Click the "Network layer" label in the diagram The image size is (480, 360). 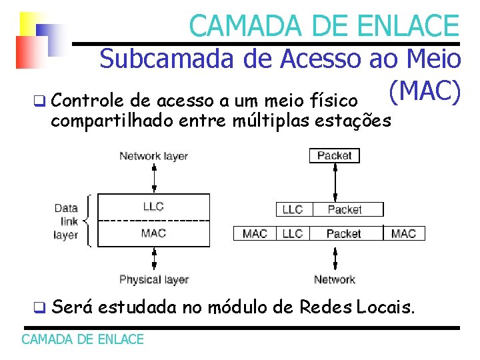coord(153,157)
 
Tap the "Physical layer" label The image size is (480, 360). coord(153,279)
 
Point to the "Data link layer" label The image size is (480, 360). coord(66,221)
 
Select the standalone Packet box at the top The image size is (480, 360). coord(334,155)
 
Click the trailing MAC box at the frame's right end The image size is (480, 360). coord(403,233)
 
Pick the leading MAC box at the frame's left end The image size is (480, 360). coord(255,233)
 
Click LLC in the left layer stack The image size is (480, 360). coord(153,207)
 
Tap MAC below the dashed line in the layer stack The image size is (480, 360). coord(153,233)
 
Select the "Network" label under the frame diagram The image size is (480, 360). coord(334,279)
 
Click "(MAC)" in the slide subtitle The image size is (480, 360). coord(423,93)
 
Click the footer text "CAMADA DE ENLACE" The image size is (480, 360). coord(83,339)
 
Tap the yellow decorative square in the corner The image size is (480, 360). coord(30,23)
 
